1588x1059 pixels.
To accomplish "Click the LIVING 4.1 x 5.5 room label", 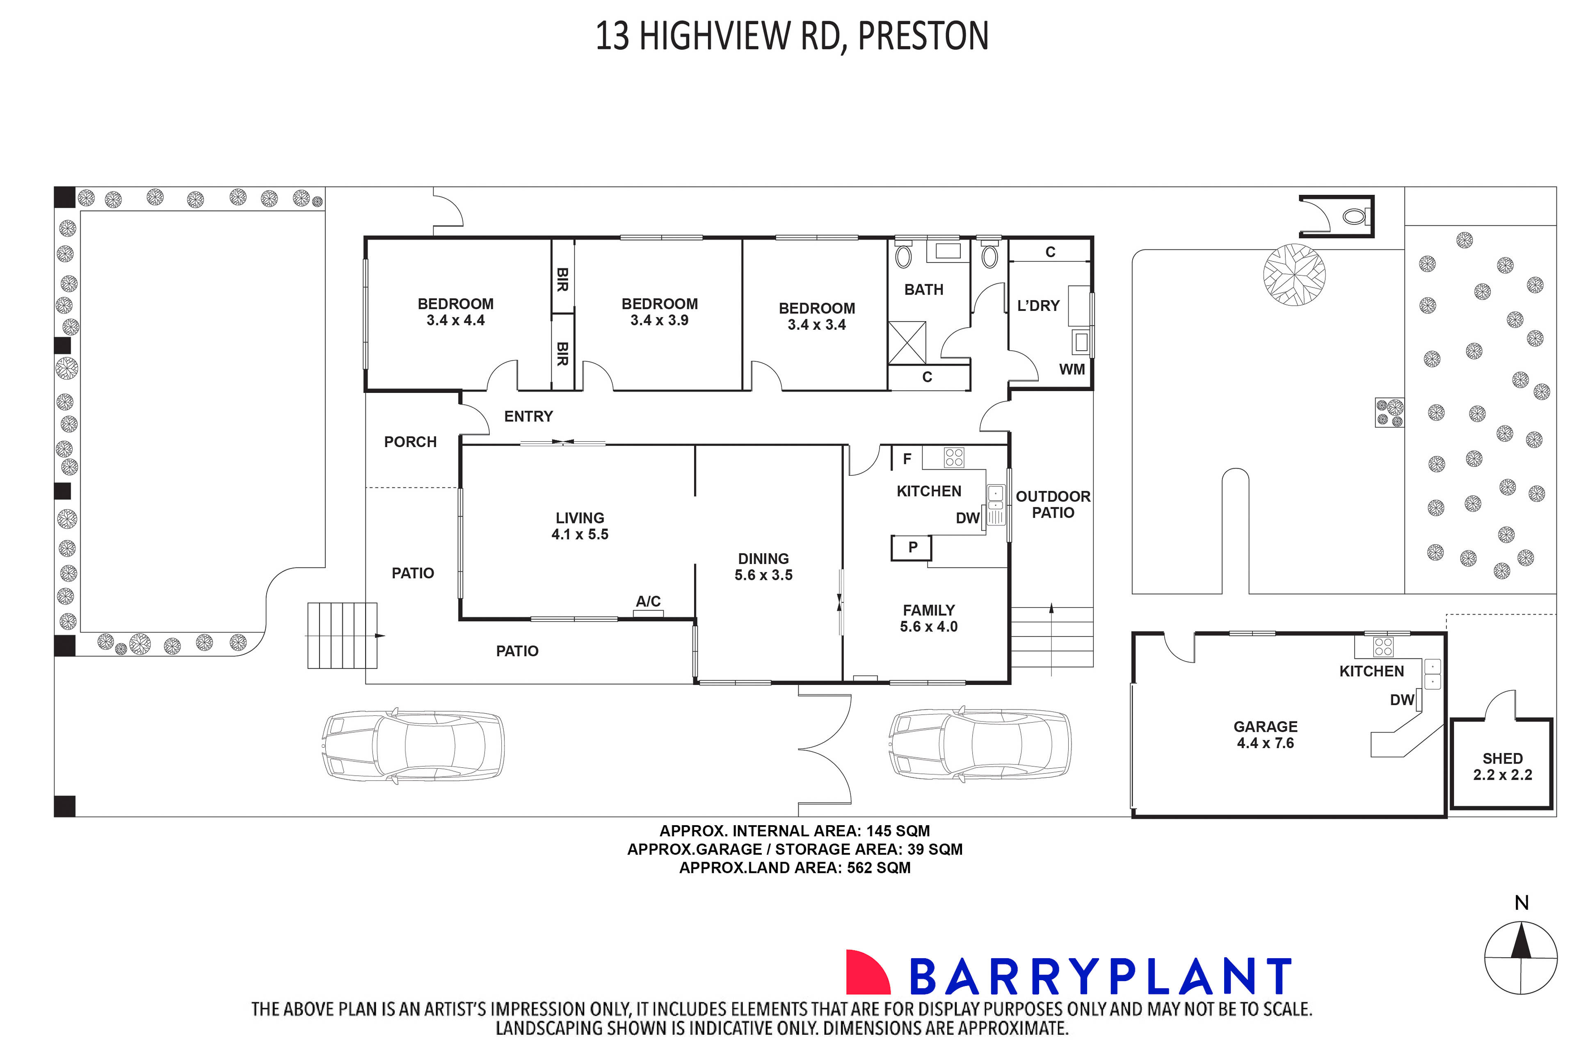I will point(580,526).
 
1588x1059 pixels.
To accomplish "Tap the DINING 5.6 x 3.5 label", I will point(763,567).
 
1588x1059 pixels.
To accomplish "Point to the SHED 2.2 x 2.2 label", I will point(1502,767).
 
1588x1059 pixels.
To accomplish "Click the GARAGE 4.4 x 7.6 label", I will point(1265,735).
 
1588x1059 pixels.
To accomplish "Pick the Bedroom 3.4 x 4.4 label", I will point(455,312).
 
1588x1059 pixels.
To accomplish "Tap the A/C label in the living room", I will point(648,601).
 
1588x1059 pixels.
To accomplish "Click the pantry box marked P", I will point(912,548).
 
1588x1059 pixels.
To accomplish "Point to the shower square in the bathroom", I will point(907,343).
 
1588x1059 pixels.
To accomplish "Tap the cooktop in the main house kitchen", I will point(954,458).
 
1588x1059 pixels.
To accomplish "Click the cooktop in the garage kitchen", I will point(1382,647).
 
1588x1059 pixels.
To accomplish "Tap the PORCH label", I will point(410,442).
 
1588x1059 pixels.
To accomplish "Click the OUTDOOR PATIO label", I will point(1052,504).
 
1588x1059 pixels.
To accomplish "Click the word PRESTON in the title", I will point(923,37).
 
